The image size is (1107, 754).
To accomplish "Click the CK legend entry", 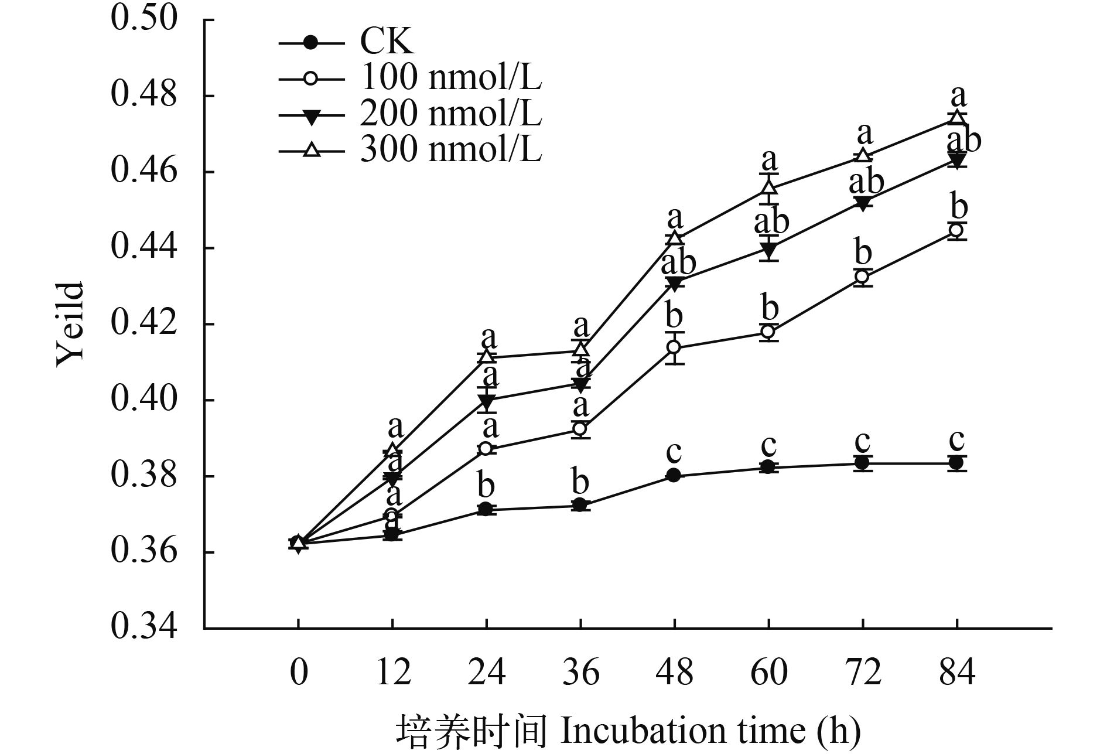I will tap(387, 42).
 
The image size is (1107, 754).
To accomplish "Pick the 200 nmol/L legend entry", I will tap(450, 114).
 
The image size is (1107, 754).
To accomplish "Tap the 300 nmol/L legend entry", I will tap(450, 151).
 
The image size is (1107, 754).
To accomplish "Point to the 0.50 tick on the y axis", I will tap(143, 19).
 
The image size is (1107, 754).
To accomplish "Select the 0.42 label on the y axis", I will tap(143, 323).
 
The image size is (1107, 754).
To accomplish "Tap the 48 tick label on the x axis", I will tap(674, 672).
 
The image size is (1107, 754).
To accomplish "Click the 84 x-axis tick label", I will tap(956, 672).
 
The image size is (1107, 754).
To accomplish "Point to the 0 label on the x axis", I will tap(298, 672).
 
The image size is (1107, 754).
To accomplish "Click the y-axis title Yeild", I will tap(70, 324).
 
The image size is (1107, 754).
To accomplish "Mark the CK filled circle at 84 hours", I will tap(956, 463).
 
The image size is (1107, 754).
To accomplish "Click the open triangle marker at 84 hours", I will tap(956, 117).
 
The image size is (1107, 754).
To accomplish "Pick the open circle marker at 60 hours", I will tap(768, 332).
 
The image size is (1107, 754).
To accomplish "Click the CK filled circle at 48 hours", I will tap(674, 475).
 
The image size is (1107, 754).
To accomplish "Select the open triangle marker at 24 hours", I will tap(486, 356).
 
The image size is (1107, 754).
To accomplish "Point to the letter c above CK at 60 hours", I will tap(768, 445).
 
